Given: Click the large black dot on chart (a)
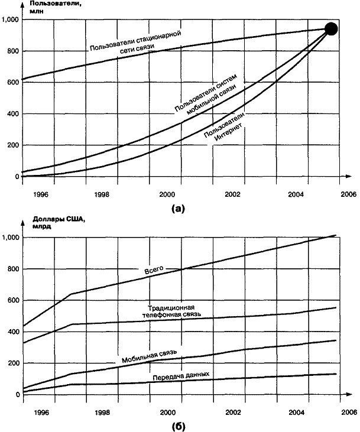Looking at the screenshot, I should click(x=332, y=29).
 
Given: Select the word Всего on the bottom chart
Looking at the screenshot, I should click(x=154, y=271).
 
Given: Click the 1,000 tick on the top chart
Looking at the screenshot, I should click(x=10, y=20).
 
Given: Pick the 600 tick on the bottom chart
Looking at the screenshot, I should click(x=11, y=300).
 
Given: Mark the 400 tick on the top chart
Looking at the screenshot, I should click(x=11, y=114).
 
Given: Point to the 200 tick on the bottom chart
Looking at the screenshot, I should click(x=11, y=363).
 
